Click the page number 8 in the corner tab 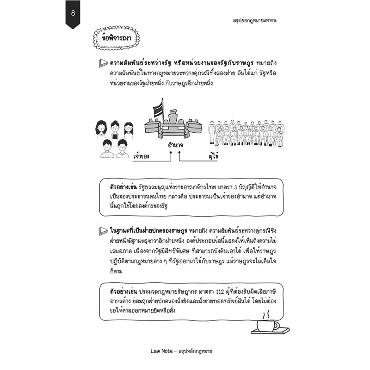tap(73, 12)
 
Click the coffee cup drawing tap(267, 326)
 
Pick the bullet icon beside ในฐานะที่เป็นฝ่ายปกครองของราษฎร tap(104, 230)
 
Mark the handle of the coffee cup tap(277, 326)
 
